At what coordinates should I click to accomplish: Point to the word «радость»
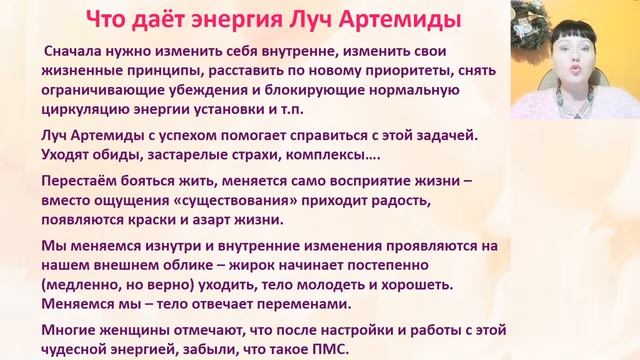coord(456,202)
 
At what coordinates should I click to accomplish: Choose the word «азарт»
coord(235,220)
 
